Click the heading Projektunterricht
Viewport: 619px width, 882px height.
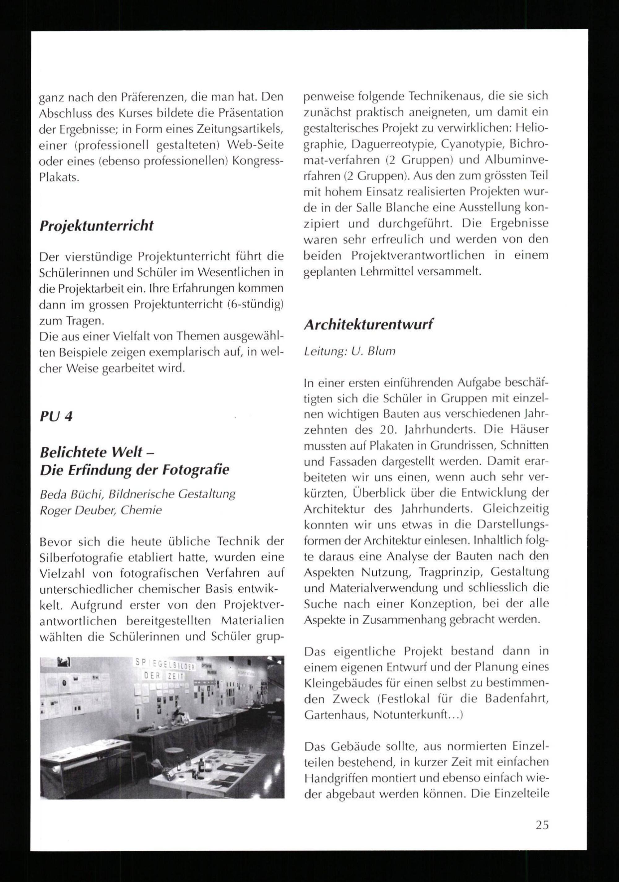pos(97,226)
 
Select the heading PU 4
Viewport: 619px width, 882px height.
pos(56,416)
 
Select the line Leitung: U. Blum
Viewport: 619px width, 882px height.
pos(349,351)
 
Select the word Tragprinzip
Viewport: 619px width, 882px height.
pos(447,572)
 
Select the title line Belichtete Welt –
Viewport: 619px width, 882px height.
pos(97,453)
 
